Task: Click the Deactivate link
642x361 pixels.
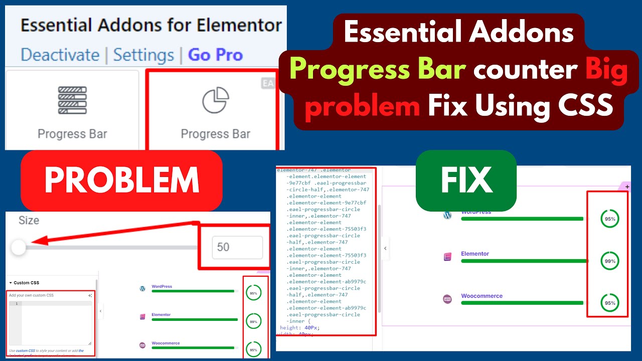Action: pyautogui.click(x=60, y=55)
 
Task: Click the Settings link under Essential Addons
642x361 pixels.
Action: pyautogui.click(x=143, y=55)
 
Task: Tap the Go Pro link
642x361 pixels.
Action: pyautogui.click(x=215, y=55)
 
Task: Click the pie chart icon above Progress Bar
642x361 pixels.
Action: pyautogui.click(x=216, y=100)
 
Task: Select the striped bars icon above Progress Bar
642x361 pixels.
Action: pyautogui.click(x=72, y=100)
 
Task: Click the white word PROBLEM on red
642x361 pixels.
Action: pyautogui.click(x=121, y=180)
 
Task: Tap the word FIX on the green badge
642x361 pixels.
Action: pyautogui.click(x=466, y=180)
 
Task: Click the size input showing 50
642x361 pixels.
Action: pyautogui.click(x=237, y=247)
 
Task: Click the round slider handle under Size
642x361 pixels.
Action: pyautogui.click(x=19, y=247)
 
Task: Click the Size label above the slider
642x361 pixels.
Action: pyautogui.click(x=29, y=220)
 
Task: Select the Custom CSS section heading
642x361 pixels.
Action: pyautogui.click(x=27, y=283)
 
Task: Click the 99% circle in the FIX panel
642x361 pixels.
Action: pyautogui.click(x=610, y=261)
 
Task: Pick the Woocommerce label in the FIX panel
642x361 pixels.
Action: pyautogui.click(x=481, y=296)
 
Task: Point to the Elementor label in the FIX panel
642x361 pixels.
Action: pyautogui.click(x=475, y=254)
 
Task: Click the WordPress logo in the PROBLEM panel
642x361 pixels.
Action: pyautogui.click(x=142, y=288)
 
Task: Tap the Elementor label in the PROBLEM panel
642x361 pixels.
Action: pyautogui.click(x=161, y=315)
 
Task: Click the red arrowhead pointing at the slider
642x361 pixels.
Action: pyautogui.click(x=40, y=242)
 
